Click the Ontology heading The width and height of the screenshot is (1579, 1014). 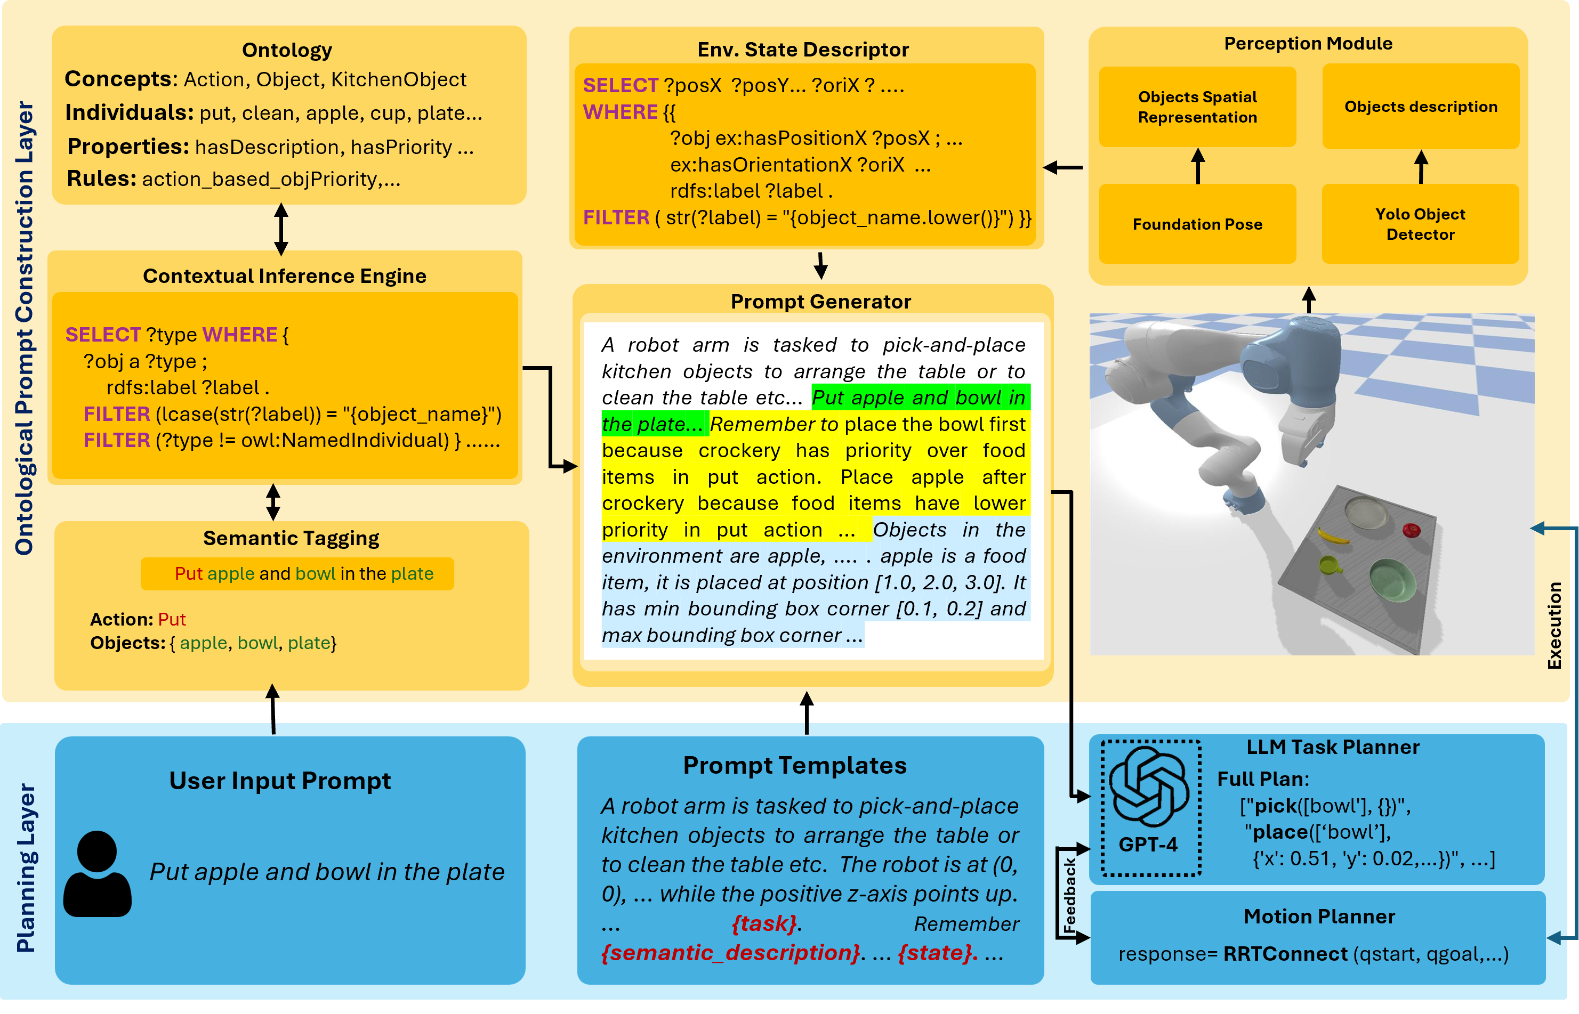click(287, 50)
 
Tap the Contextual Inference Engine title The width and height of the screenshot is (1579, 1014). click(285, 276)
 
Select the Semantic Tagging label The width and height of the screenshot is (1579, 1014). click(291, 538)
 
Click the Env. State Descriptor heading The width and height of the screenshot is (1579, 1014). click(802, 50)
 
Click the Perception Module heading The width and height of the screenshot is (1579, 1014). click(1308, 44)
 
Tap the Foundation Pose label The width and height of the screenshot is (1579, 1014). click(1197, 224)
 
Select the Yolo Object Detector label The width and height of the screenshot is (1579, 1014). click(1420, 224)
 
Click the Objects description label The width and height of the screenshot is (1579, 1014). click(1420, 107)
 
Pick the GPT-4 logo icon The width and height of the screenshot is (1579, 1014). click(1149, 787)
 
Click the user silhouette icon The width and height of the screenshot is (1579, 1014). click(98, 874)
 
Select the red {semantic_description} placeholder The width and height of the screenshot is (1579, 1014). click(730, 952)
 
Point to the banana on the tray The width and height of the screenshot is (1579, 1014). click(1332, 537)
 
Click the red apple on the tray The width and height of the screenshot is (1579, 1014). click(1411, 530)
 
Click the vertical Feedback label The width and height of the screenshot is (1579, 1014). click(1069, 894)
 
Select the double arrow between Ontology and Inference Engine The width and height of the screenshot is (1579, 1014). click(281, 229)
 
